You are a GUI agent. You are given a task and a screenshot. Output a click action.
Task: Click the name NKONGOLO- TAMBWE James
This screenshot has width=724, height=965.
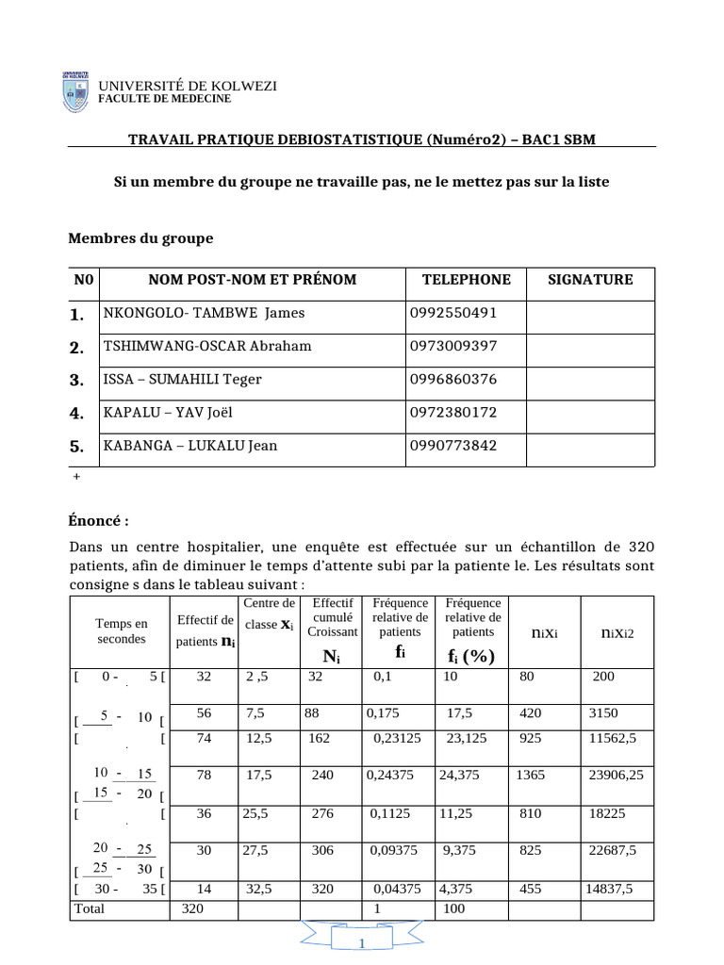tap(205, 313)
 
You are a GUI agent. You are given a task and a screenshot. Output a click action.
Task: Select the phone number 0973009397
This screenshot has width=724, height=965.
tap(454, 346)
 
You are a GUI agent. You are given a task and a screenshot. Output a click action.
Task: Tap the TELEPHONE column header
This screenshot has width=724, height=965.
tap(466, 280)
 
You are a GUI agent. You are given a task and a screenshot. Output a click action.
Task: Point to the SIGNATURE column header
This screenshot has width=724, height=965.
tap(590, 280)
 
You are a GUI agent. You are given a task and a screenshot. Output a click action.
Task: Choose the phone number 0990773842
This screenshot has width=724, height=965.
tap(454, 446)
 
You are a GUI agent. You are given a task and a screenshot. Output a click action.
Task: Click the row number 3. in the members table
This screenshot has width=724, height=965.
tap(77, 380)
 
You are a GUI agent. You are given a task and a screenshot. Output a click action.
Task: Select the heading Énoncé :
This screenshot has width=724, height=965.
tap(98, 521)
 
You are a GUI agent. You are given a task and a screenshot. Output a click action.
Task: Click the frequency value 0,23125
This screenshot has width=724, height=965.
tap(397, 740)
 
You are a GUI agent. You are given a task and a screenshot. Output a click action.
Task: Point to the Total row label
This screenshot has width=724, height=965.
tap(89, 908)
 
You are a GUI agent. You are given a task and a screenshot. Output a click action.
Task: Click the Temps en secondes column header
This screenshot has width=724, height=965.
tap(122, 630)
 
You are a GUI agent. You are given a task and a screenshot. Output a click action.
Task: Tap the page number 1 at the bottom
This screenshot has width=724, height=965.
tap(363, 944)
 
